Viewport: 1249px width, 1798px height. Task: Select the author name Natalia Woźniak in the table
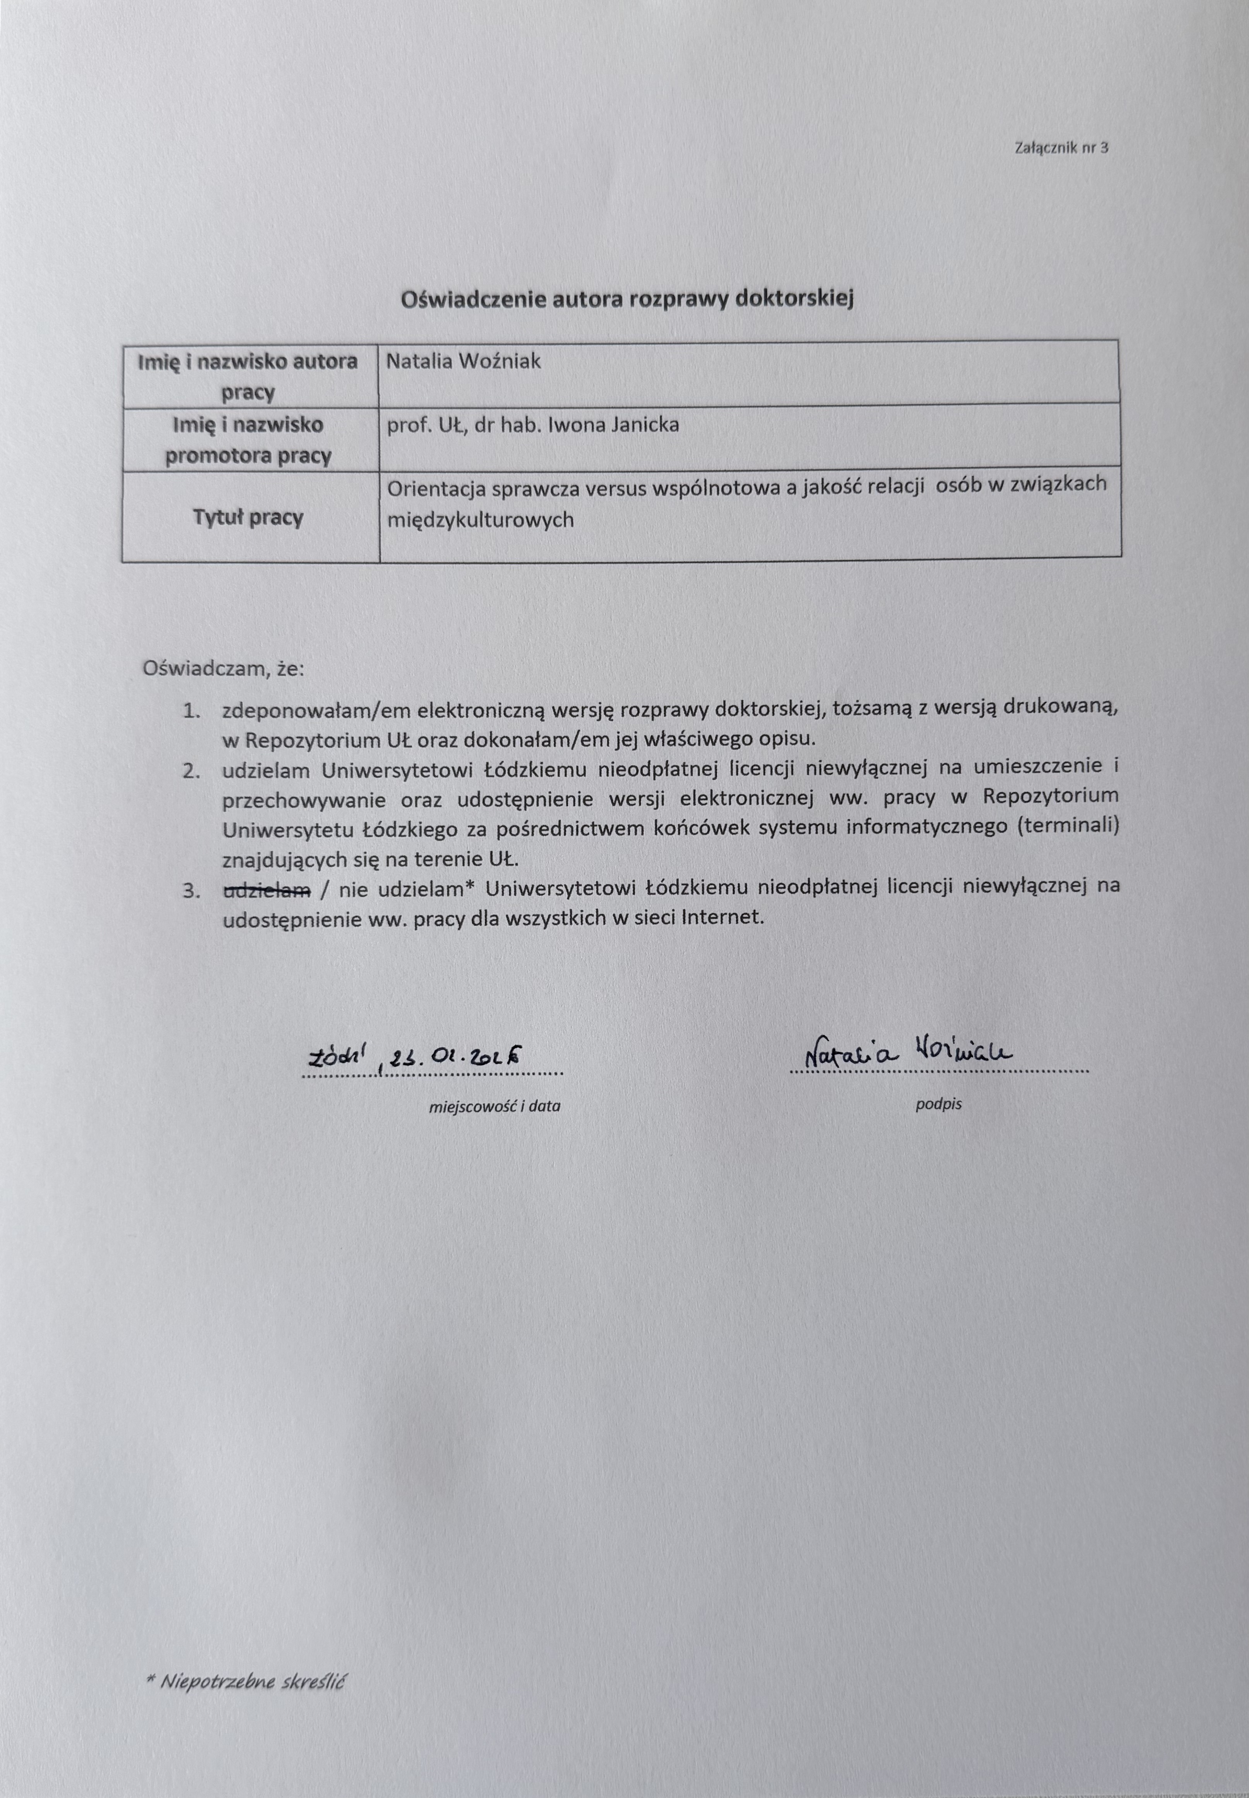tap(463, 361)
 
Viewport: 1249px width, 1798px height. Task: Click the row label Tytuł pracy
tap(248, 517)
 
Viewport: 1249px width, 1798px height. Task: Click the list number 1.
tap(192, 711)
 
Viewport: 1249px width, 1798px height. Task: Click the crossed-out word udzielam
tap(267, 890)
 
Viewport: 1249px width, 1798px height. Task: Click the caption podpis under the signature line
tap(938, 1104)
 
